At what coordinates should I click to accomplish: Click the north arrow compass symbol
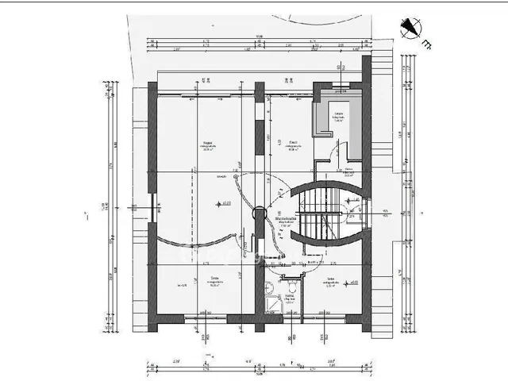(410, 28)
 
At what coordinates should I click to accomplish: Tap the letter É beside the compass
(427, 44)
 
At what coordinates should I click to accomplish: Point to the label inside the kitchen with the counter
(338, 116)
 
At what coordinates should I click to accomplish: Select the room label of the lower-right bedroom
(330, 281)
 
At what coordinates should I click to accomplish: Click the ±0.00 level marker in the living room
(224, 204)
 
